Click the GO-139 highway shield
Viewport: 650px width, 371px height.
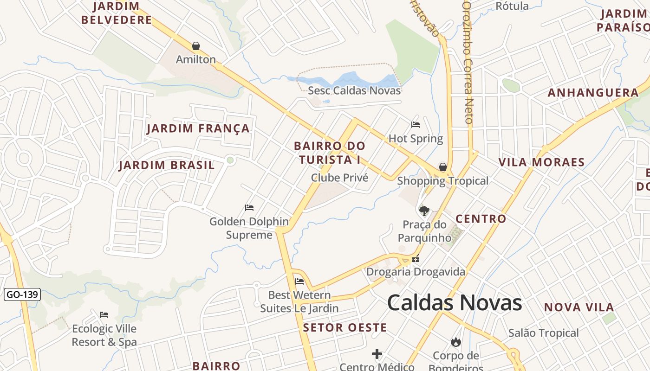[22, 294]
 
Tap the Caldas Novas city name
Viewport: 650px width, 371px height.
[455, 303]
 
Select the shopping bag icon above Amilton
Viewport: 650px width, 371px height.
[196, 46]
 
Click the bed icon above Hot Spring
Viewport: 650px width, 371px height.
[416, 124]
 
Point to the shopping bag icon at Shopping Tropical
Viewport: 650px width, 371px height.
[443, 167]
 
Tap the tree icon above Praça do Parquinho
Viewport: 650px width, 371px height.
[424, 211]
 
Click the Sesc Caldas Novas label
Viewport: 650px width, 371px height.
[354, 90]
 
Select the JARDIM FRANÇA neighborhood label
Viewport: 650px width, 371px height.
[198, 128]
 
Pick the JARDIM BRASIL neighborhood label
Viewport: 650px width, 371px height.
[167, 165]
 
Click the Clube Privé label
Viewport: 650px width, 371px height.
[339, 178]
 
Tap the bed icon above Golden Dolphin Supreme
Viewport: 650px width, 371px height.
[249, 207]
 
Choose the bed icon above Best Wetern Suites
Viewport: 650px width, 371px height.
[299, 281]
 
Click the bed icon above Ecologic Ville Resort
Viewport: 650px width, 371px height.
[104, 315]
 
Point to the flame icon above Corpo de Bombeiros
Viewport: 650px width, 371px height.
[455, 342]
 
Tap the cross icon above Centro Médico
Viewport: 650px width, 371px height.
[377, 354]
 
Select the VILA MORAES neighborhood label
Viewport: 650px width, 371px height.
[541, 162]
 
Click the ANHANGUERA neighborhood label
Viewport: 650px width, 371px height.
[593, 93]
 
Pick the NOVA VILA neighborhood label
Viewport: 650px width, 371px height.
[579, 307]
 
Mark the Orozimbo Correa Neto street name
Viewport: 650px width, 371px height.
[468, 62]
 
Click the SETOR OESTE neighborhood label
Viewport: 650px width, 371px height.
[345, 328]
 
